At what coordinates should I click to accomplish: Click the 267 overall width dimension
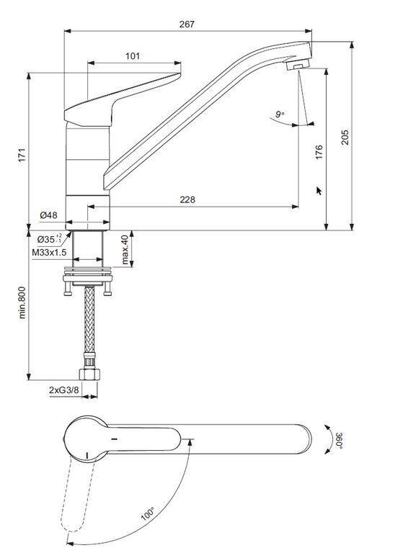(x=187, y=24)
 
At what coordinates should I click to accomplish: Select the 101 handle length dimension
(x=133, y=55)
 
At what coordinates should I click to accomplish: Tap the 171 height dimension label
(x=22, y=156)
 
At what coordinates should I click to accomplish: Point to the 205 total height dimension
(x=345, y=138)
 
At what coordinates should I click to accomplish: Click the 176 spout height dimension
(x=319, y=152)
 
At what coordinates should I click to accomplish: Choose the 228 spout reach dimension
(x=187, y=199)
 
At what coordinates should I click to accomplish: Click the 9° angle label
(x=280, y=114)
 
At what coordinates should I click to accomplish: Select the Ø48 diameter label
(x=48, y=215)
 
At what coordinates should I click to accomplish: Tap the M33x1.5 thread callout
(x=49, y=253)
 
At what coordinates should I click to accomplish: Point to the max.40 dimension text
(x=125, y=250)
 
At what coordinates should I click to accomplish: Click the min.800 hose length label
(x=22, y=302)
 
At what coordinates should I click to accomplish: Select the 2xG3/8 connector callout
(x=64, y=390)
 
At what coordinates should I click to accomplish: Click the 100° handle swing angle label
(x=148, y=513)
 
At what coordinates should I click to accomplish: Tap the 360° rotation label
(x=339, y=440)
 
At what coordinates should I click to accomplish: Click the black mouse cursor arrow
(x=319, y=191)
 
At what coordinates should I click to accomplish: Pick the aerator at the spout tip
(x=298, y=65)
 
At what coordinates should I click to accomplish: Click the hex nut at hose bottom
(x=89, y=374)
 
